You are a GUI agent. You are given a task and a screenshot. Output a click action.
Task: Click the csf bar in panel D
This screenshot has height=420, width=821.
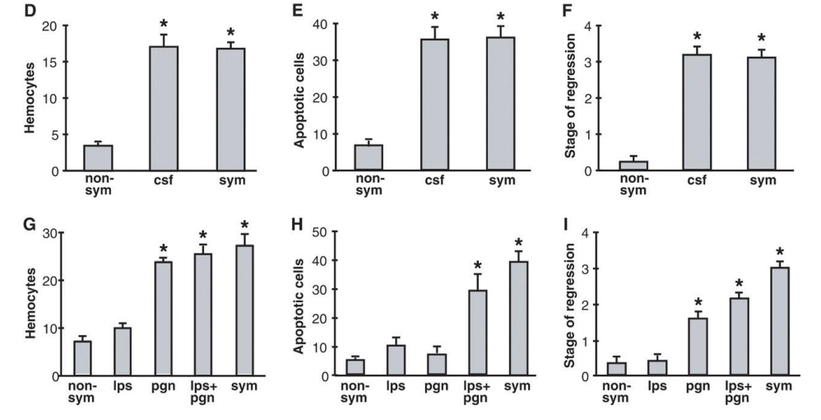pos(163,108)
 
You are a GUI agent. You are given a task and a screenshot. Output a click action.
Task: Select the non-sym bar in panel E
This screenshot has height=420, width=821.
pos(374,157)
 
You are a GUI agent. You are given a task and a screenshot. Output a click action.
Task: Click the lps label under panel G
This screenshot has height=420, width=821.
pos(122,384)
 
